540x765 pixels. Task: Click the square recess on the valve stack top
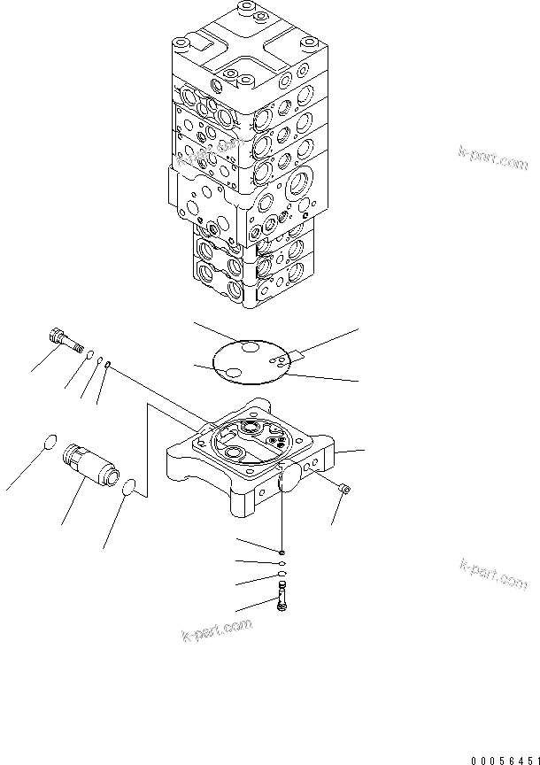206,41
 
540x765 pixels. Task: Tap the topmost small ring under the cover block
281,549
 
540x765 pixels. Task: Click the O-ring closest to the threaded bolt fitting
89,356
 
